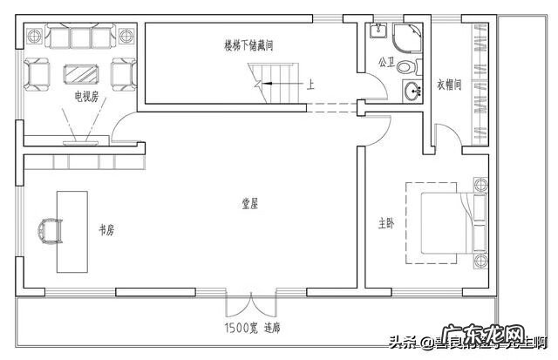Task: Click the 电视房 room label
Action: coord(85,95)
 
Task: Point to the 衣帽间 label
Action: coord(449,86)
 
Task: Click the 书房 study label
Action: coord(106,230)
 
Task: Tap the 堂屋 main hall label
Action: coord(250,204)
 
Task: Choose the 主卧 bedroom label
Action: coord(386,223)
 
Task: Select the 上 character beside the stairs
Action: coord(310,85)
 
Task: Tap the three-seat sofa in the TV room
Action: coord(80,37)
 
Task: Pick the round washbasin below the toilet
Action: coord(411,89)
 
